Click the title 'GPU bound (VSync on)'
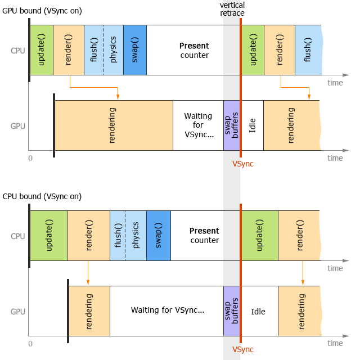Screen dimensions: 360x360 [42, 12]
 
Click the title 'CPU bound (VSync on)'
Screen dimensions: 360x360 [42, 196]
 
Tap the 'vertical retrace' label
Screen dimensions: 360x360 [232, 9]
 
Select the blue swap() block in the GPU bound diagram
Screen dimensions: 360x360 [135, 50]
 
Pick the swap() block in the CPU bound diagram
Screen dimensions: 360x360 [159, 236]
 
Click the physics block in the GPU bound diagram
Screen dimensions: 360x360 [113, 50]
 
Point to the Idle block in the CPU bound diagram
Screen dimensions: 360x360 [258, 311]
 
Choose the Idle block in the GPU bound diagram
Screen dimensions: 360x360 [253, 125]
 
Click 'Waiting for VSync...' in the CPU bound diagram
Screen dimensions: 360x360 [167, 310]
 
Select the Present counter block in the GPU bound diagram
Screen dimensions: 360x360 [193, 50]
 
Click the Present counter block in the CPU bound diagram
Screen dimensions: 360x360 [205, 236]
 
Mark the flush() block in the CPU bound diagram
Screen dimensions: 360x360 [118, 236]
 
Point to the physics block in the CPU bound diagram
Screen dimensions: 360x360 [136, 236]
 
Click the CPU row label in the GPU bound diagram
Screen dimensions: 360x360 [18, 50]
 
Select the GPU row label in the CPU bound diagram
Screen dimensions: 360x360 [18, 311]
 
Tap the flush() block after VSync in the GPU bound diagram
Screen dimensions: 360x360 [308, 50]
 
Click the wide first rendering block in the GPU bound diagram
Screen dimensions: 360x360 [114, 125]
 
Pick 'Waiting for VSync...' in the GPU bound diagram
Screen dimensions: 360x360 [199, 125]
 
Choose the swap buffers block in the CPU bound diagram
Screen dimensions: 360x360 [232, 311]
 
